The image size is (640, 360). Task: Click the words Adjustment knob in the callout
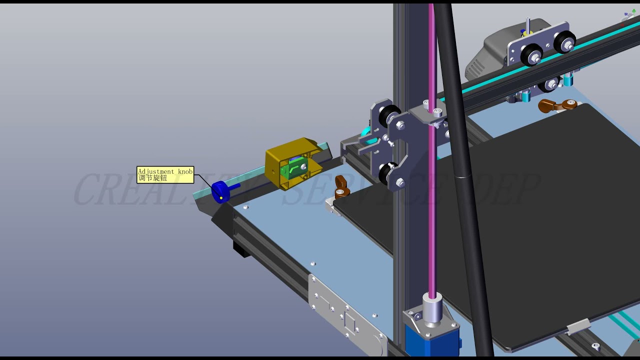(x=165, y=171)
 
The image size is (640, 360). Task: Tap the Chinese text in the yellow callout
(x=152, y=178)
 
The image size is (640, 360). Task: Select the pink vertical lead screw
(x=432, y=200)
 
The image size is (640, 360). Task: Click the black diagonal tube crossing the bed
(x=465, y=200)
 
